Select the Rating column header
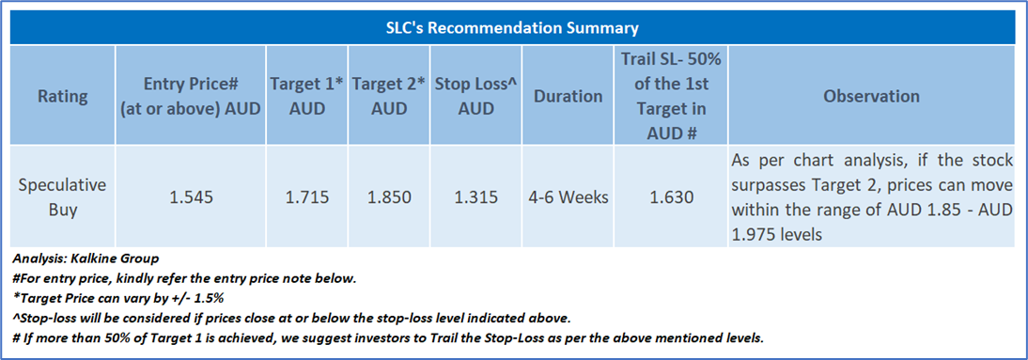tap(62, 97)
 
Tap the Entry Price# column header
tap(190, 97)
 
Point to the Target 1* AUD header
tap(307, 97)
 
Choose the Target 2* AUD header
tap(389, 97)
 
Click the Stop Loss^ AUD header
tap(475, 97)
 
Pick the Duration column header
tap(568, 97)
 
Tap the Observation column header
tap(871, 97)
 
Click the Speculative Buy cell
tap(62, 196)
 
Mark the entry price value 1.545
tap(190, 196)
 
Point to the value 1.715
tap(307, 196)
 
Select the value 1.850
tap(389, 196)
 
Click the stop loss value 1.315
tap(475, 196)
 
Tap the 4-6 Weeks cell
tap(568, 196)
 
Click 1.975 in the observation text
tap(752, 234)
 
